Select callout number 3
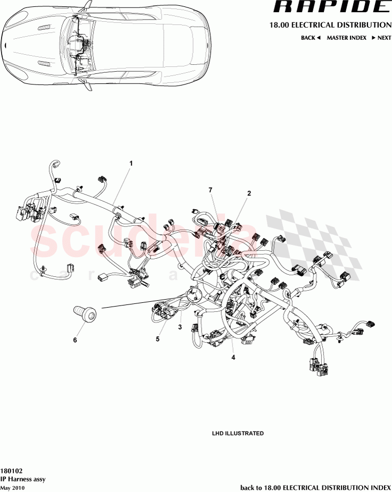180,327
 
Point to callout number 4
233,358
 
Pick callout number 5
158,338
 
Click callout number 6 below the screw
75,340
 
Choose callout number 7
210,190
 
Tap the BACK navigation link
311,38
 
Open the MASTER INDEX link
346,38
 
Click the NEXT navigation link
381,38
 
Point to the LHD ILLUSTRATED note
238,434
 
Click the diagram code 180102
11,471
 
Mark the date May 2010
12,487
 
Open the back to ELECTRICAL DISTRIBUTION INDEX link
315,487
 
